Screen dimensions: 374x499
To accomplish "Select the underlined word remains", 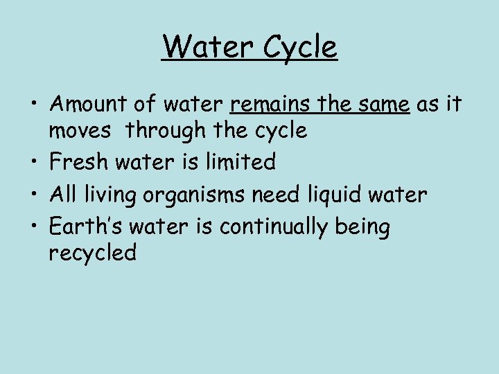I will point(270,104).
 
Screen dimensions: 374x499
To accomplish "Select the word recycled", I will point(93,254).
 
